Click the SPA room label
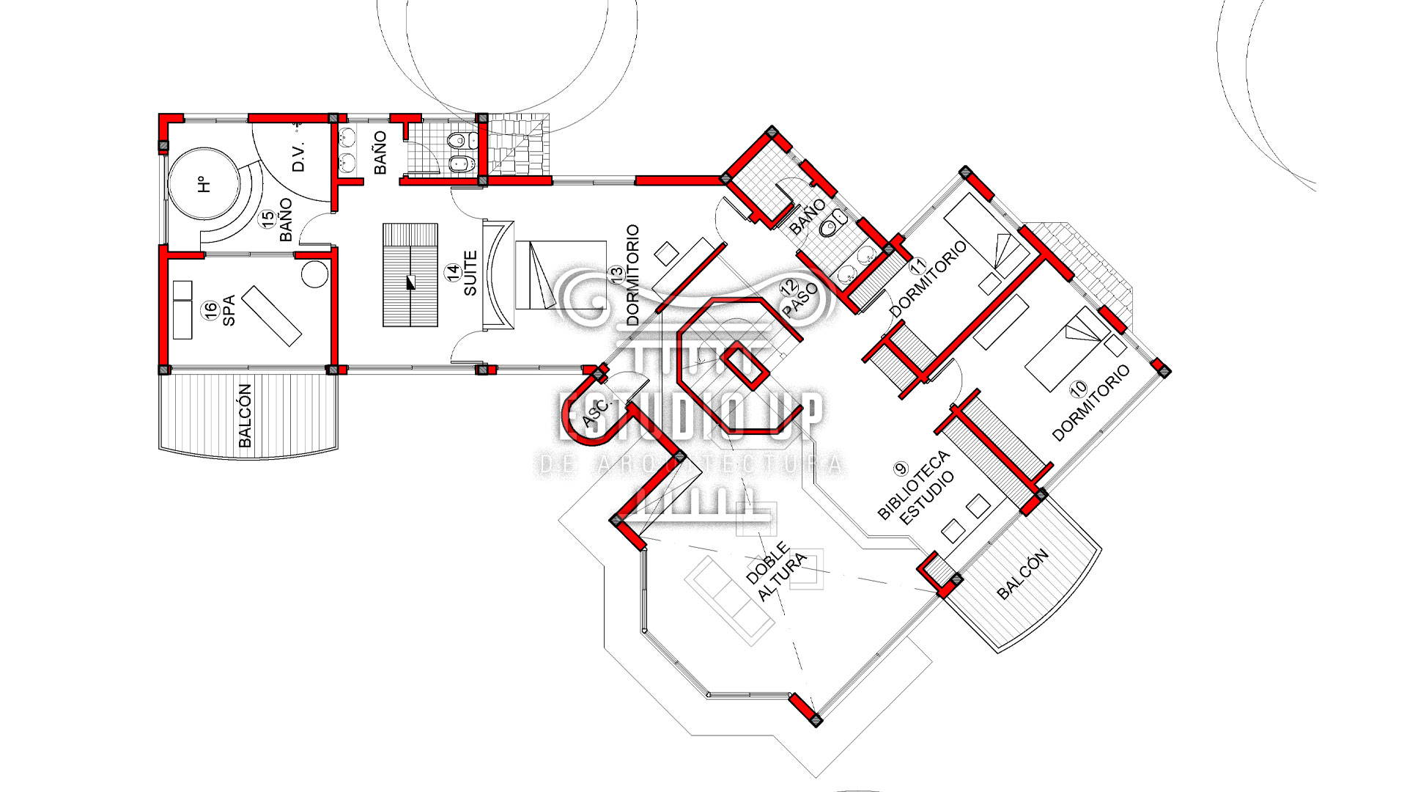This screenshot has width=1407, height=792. (229, 311)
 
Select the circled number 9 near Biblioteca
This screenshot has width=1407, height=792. (901, 468)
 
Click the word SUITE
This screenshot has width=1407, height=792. (470, 273)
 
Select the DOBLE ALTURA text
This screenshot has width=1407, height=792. (776, 572)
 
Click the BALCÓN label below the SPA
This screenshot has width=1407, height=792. (245, 415)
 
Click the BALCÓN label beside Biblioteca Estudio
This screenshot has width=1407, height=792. (1023, 574)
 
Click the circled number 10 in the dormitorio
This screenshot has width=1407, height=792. (1078, 388)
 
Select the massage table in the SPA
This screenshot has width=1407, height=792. (271, 315)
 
